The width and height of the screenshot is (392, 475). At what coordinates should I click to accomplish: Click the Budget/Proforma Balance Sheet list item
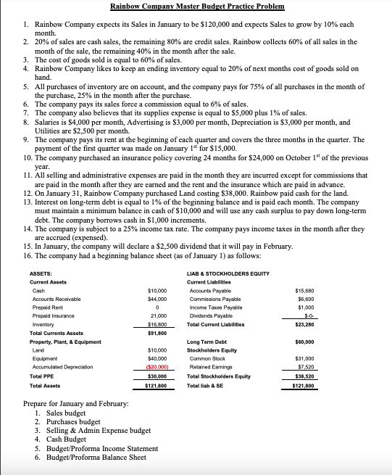tap(90, 457)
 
